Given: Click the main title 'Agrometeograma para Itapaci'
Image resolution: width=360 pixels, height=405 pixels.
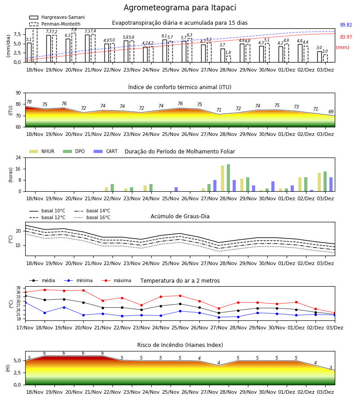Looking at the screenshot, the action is pos(180,8).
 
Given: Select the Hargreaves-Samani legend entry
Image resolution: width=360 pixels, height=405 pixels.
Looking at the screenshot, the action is pos(57,17).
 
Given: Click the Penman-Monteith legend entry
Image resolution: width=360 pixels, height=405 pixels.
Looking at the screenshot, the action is pos(55,24).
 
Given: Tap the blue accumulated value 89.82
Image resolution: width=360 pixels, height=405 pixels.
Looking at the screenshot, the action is pos(346,25).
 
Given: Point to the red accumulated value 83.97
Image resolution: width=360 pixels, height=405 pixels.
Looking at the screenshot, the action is pos(346,37).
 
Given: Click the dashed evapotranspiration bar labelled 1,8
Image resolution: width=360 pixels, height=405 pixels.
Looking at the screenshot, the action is pos(229,59).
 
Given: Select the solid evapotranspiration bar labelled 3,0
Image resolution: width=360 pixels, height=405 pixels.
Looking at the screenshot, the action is pos(319,57).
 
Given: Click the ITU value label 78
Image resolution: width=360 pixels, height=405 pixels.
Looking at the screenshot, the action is pos(29,102).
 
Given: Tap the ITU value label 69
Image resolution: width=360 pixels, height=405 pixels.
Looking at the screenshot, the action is pos(331,112).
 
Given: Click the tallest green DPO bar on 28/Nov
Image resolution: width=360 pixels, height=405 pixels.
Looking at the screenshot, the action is pos(228,178).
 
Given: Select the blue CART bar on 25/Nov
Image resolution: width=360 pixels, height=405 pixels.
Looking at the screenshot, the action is pos(176,189).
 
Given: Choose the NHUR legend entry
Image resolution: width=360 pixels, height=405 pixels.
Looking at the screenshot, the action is pos(42,151).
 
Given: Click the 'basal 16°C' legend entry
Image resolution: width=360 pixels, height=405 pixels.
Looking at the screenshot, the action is pos(92,217).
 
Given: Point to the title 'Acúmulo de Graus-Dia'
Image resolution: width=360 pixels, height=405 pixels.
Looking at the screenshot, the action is pos(180,216).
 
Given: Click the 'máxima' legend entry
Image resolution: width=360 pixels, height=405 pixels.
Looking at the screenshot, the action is pos(116,280).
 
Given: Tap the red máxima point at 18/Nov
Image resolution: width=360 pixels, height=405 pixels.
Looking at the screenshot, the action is pos(45,290).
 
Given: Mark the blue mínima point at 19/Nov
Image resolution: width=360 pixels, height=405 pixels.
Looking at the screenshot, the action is pos(64,307).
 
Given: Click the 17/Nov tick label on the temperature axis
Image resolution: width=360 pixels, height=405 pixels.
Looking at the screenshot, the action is pos(25,328).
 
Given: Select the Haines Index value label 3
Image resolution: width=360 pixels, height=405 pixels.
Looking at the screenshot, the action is pos(331,368).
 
